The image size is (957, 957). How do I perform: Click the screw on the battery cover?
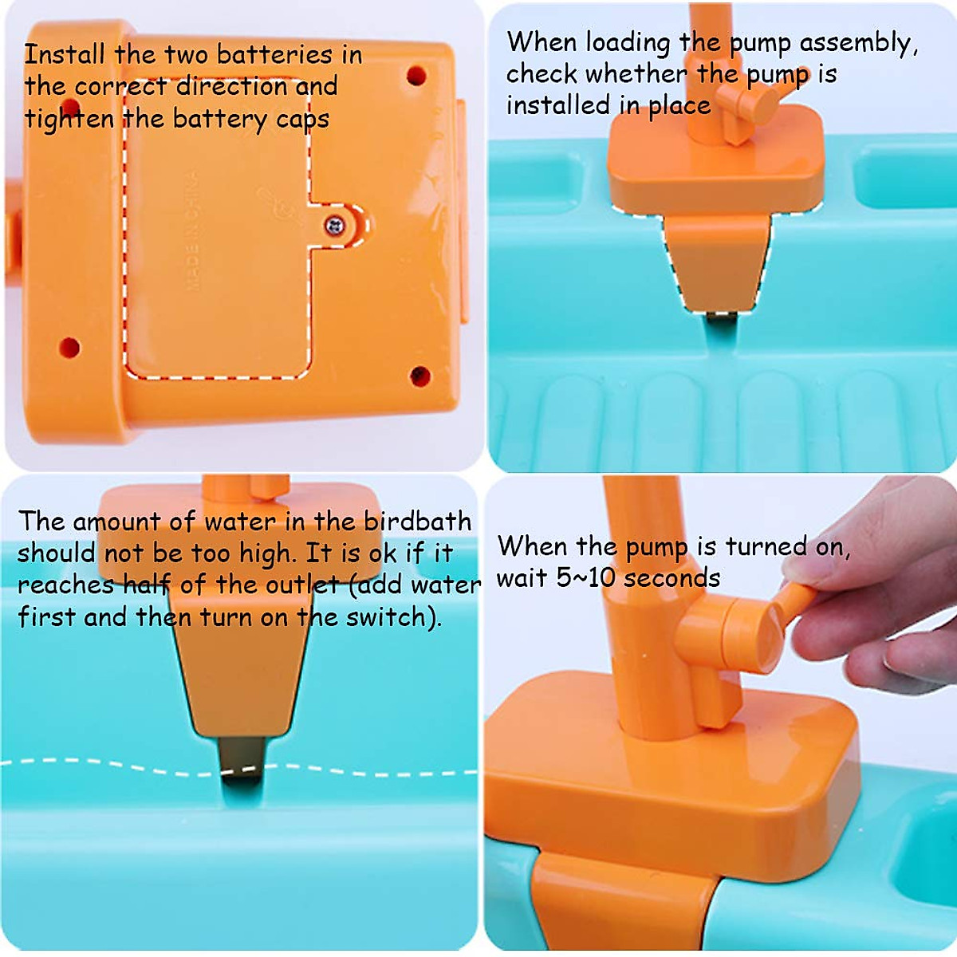336,226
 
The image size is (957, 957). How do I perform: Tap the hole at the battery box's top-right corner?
415,76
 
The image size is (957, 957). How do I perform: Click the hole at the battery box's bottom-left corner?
69,348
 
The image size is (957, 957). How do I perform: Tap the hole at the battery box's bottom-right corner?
419,376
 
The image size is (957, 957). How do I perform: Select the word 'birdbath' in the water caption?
417,521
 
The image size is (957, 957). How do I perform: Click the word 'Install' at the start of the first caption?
64,54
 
